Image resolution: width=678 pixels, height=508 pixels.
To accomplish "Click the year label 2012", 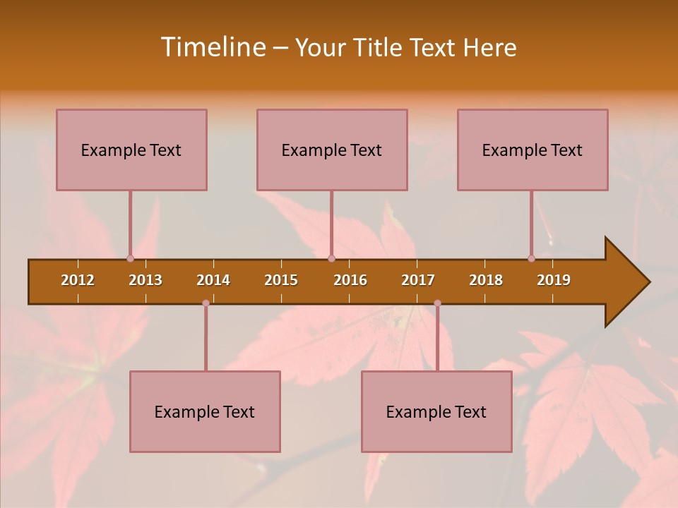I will (x=78, y=280).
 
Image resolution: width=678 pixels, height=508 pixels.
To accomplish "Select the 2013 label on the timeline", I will (x=145, y=280).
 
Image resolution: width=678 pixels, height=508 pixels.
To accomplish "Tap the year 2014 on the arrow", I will (x=213, y=280).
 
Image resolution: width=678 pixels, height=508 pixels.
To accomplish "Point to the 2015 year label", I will (x=281, y=280).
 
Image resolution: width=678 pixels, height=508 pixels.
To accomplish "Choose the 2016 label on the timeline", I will (x=350, y=280).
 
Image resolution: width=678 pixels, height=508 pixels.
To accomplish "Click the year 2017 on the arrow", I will (x=418, y=280).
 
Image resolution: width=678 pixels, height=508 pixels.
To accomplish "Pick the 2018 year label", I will (x=486, y=280).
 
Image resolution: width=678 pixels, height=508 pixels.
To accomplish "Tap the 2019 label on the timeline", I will (x=554, y=280).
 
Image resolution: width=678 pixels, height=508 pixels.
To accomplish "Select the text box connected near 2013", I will (x=131, y=150).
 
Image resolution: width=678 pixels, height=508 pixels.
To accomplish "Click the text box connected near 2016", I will (x=332, y=150).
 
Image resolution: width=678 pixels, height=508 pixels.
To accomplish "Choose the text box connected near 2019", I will (x=533, y=150).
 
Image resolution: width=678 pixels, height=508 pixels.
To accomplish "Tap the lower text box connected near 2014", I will (x=205, y=411).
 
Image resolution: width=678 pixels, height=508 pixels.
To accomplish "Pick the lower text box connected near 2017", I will (x=436, y=411).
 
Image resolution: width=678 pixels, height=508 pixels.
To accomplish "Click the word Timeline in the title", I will (x=212, y=47).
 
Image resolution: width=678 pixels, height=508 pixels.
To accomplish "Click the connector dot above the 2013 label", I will (x=130, y=259).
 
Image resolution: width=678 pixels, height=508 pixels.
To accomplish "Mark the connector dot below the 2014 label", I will (x=206, y=303).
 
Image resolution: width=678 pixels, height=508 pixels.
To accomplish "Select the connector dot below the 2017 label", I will (x=437, y=303).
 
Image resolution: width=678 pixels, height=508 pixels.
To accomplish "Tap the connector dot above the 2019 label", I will (x=531, y=259).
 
